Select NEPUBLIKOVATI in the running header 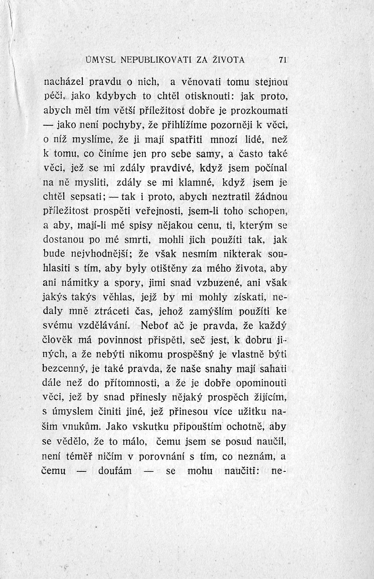click(148, 59)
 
